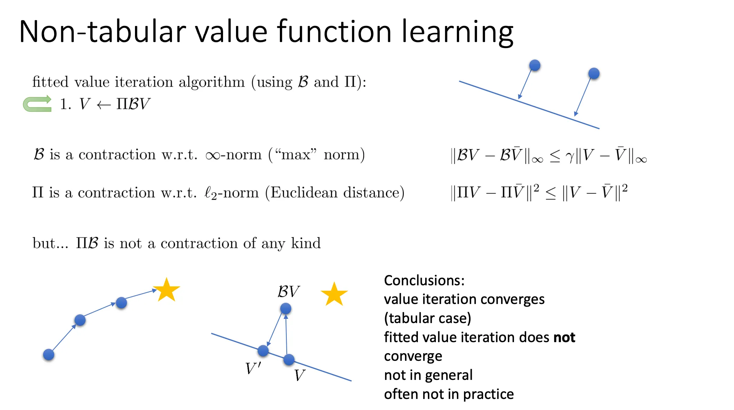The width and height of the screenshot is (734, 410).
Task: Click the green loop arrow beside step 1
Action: pos(37,104)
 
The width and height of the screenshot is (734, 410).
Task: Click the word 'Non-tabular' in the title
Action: pos(102,31)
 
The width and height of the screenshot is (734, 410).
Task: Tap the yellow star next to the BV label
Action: pos(334,294)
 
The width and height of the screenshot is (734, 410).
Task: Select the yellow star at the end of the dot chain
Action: pos(166,290)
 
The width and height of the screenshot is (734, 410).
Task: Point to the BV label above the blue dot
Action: pos(288,292)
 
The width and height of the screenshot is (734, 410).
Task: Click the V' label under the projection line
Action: pos(253,368)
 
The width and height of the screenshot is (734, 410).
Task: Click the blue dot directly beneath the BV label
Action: pos(286,309)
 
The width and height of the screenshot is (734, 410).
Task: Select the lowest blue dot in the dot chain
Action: pos(48,355)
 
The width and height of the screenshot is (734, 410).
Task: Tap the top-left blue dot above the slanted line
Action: pos(535,65)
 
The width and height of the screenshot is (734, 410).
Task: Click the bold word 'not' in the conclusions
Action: pos(564,338)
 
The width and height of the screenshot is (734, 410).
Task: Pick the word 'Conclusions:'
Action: pos(424,280)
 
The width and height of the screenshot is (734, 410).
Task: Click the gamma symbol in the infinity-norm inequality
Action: pos(570,156)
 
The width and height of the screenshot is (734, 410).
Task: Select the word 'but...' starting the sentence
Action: pos(50,243)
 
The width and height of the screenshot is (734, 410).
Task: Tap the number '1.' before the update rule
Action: pos(66,104)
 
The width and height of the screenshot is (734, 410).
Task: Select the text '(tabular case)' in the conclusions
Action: pos(427,318)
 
